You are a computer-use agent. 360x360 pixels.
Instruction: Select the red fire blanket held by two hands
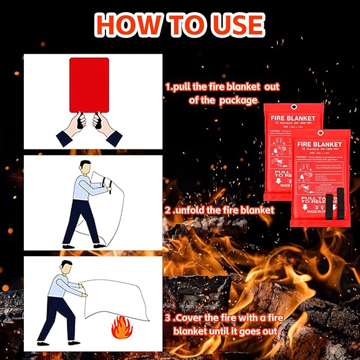pos(89,85)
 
